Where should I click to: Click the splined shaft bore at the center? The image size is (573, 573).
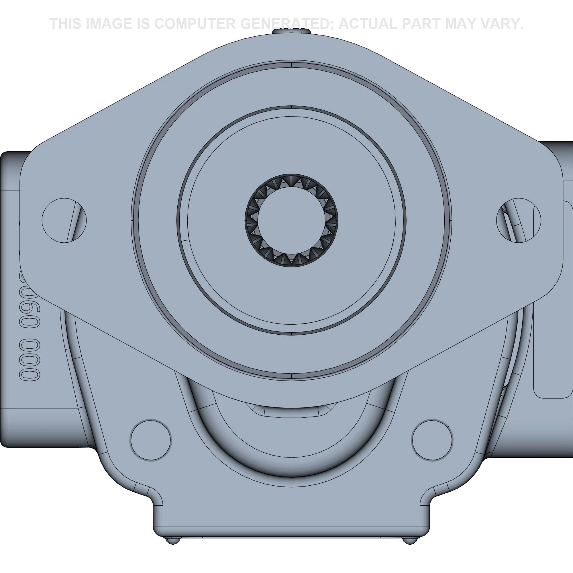(292, 220)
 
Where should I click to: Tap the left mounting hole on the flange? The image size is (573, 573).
(64, 220)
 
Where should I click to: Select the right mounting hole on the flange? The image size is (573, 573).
(519, 220)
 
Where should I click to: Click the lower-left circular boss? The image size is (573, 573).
(151, 440)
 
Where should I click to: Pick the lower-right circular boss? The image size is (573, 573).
(432, 440)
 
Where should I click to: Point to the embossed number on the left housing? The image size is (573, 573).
(30, 326)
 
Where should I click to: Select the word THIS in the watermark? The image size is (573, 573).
(66, 24)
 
